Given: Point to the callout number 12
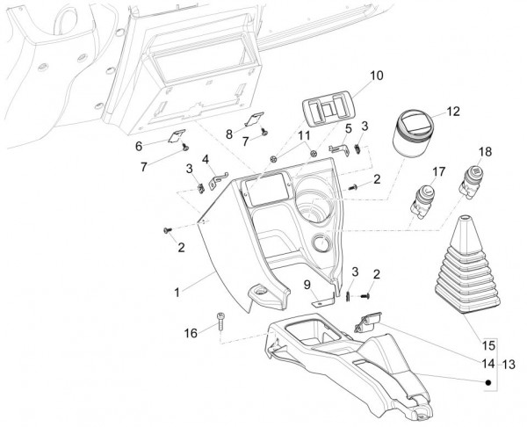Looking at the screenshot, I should click(x=452, y=112).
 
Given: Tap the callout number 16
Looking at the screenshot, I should click(x=191, y=334).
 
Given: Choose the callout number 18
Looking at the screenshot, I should click(x=485, y=152).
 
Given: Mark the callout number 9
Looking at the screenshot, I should click(x=307, y=284).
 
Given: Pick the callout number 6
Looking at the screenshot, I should click(x=163, y=145).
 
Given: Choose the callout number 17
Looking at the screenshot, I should click(x=438, y=170).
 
